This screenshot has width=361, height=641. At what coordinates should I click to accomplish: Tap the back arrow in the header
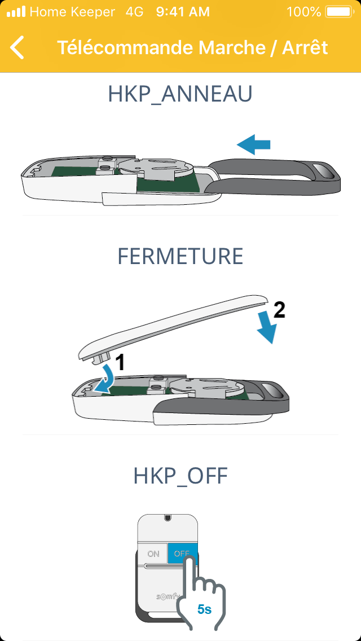pos(17,47)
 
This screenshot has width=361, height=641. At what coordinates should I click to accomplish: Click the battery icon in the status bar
pos(339,12)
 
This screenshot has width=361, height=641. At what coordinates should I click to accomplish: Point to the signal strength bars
pos(16,12)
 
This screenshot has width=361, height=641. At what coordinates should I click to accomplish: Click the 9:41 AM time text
pos(183,12)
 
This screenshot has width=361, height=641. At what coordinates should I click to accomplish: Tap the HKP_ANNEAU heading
pos(180,94)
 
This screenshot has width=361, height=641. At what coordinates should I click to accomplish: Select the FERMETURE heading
pos(180,256)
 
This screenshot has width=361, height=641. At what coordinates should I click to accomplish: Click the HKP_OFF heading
pos(180,476)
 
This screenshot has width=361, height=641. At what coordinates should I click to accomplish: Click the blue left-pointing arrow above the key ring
pos(253,144)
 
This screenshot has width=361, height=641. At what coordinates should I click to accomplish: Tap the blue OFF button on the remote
pos(182,554)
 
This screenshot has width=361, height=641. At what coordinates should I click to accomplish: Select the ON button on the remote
pos(153,554)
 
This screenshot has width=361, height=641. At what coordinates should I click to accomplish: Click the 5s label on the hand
pos(204,609)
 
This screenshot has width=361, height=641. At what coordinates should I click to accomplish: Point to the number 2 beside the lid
pos(279,311)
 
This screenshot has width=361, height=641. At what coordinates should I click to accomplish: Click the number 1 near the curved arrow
pos(119,363)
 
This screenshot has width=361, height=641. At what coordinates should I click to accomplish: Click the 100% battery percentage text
pos(304,12)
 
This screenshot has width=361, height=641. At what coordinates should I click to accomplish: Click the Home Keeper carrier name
pos(72,12)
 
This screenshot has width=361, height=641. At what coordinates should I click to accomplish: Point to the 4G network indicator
pos(134,12)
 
